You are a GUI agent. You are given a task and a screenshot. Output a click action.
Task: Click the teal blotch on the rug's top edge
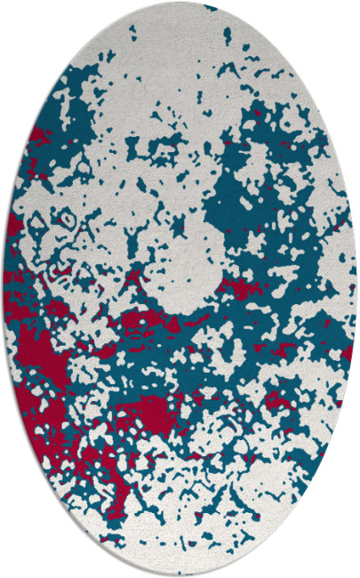click(x=210, y=7)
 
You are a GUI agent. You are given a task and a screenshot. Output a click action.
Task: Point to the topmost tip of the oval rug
click(x=180, y=3)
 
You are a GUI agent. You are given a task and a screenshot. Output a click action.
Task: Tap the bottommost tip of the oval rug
click(x=180, y=575)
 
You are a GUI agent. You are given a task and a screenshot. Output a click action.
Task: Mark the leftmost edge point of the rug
click(x=4, y=289)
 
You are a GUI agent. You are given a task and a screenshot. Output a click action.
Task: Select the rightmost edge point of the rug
click(x=356, y=289)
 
